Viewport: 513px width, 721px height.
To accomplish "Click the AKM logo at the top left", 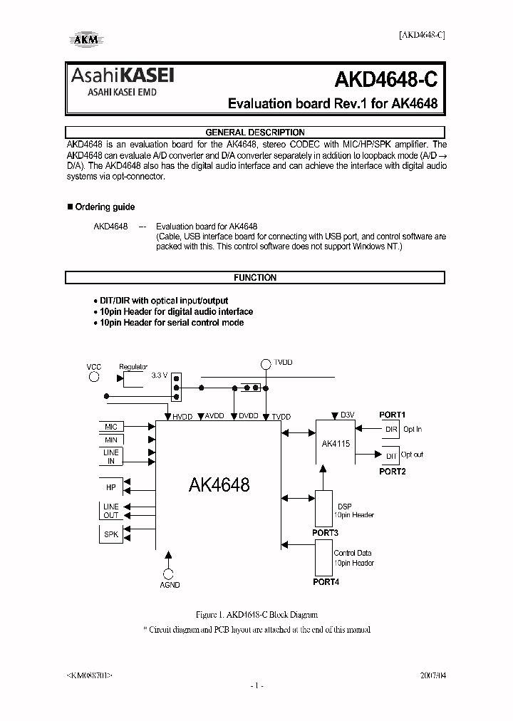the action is click(85, 41).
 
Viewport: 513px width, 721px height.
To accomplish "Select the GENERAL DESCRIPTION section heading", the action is click(255, 132).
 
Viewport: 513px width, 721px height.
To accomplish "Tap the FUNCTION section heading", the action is click(255, 278).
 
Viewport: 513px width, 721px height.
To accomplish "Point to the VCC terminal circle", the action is click(94, 378).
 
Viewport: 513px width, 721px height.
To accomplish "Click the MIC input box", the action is click(111, 427).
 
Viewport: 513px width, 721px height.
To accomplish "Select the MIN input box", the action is click(111, 440).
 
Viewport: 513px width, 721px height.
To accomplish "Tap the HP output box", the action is click(111, 487).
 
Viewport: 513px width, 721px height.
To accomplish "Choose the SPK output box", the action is click(111, 534).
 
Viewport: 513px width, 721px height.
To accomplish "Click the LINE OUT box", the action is click(111, 511).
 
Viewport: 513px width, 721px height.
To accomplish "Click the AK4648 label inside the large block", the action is click(219, 485).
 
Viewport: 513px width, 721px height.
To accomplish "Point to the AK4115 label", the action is click(335, 443).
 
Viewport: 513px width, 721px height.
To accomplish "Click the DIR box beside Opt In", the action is click(391, 429).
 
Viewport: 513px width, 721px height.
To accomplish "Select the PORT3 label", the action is click(326, 533).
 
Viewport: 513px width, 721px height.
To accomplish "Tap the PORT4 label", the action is click(326, 582).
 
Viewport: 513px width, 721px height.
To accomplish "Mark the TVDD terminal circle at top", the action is click(265, 364).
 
